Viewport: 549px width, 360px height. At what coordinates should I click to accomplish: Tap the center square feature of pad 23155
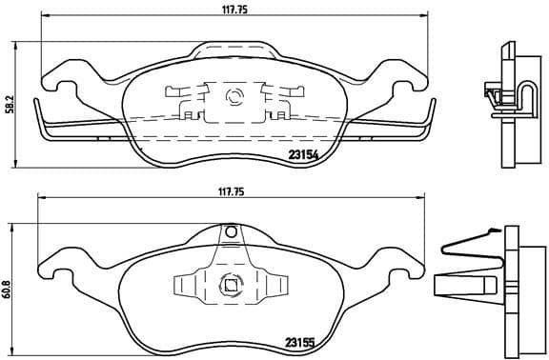pyautogui.click(x=229, y=282)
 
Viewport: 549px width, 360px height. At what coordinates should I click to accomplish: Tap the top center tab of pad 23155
pyautogui.click(x=230, y=231)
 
